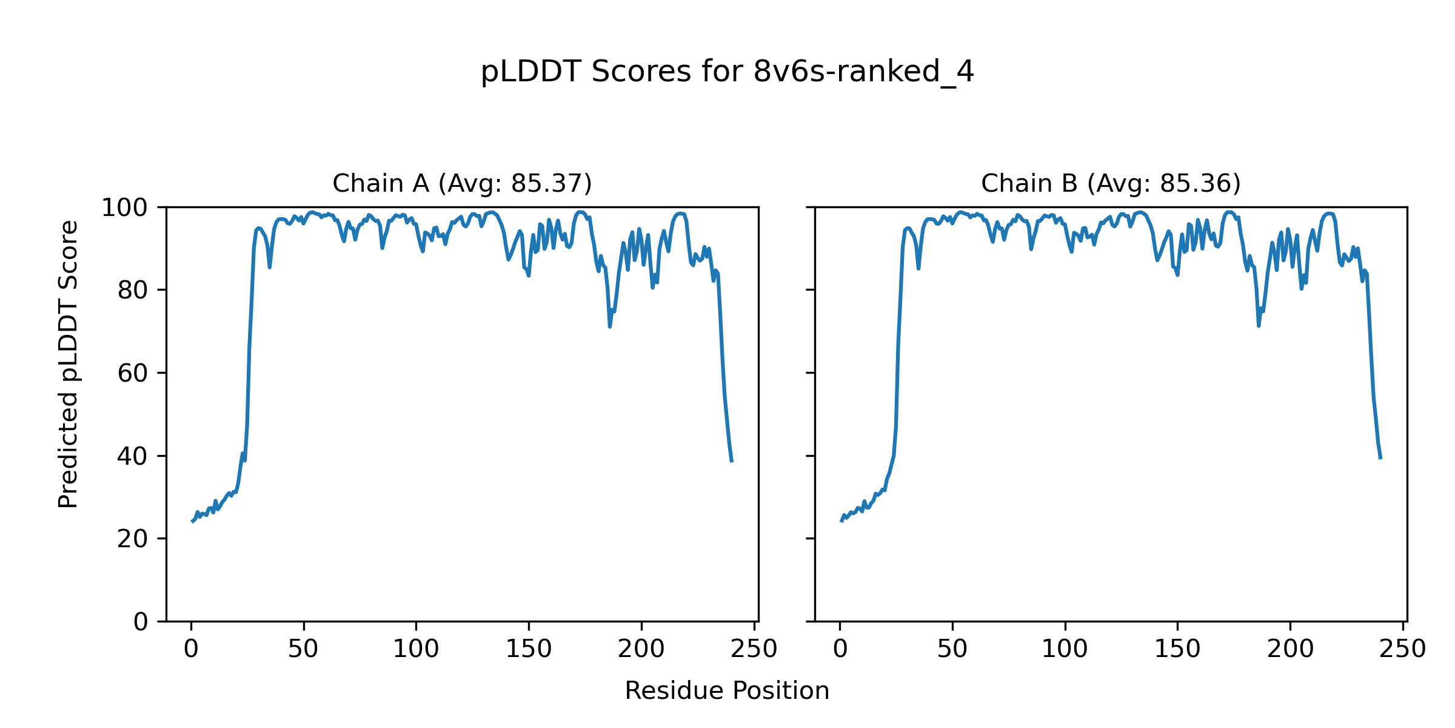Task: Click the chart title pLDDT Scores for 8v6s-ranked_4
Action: [x=727, y=72]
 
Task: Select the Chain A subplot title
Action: [x=462, y=183]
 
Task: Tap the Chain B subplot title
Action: [x=1111, y=183]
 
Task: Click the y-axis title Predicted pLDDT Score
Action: [x=69, y=364]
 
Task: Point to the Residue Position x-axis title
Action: [x=727, y=691]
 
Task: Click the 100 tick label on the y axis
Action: [x=124, y=208]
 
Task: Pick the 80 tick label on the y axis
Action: [x=133, y=291]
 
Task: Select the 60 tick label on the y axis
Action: [x=133, y=374]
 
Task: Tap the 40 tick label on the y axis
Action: [x=133, y=456]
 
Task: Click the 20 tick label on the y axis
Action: [x=133, y=539]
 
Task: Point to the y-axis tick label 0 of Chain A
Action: [x=141, y=622]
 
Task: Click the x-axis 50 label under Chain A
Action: [x=303, y=650]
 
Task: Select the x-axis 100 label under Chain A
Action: [x=416, y=650]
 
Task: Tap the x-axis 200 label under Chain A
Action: [x=641, y=650]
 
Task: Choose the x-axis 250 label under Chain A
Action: [x=754, y=650]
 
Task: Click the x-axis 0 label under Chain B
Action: [x=840, y=650]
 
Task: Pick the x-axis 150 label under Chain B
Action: [x=1177, y=650]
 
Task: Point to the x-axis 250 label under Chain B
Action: [x=1402, y=650]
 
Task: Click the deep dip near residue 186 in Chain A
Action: [x=610, y=326]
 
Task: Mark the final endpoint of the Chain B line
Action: [x=1380, y=458]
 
